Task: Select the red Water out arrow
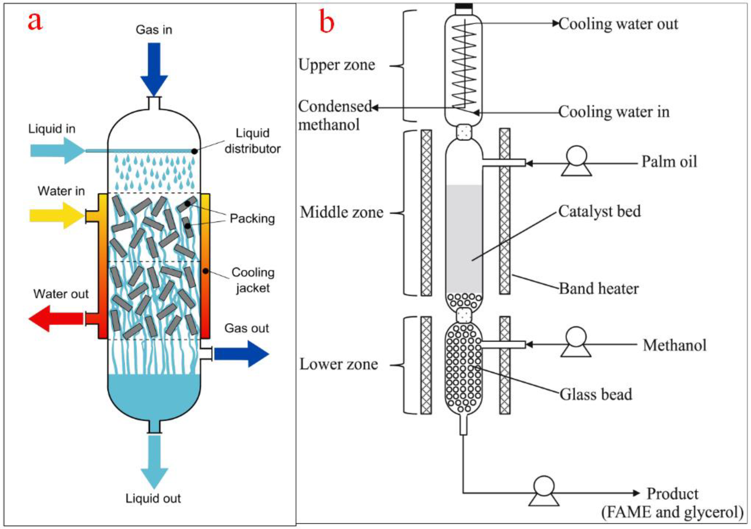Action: [x=56, y=318]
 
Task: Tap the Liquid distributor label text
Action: [x=252, y=141]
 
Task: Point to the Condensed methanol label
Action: [x=334, y=115]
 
